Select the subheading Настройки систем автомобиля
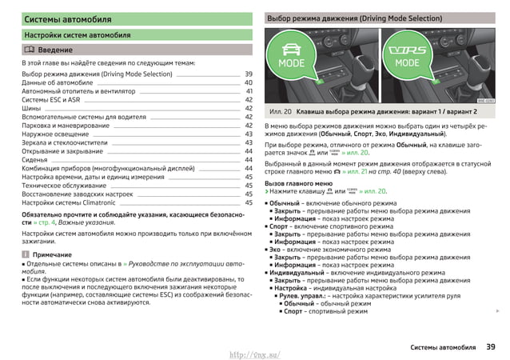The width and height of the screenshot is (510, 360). point(78,35)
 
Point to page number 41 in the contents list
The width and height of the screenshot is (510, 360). point(249,91)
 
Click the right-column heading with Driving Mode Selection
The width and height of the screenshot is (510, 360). point(354,18)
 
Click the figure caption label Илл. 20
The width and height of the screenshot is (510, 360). point(281,112)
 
